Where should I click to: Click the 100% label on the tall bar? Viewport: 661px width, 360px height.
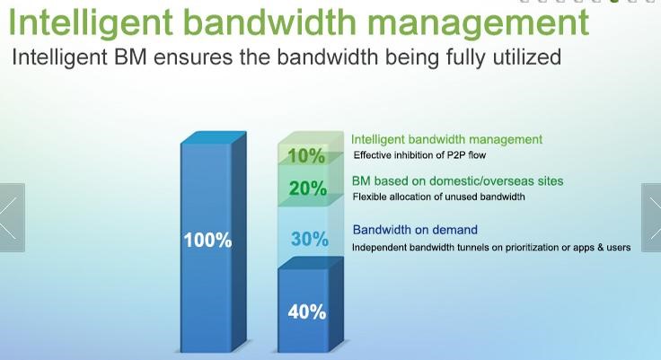pyautogui.click(x=207, y=241)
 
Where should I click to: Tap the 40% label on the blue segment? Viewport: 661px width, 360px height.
pyautogui.click(x=306, y=312)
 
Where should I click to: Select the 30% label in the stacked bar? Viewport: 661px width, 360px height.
pyautogui.click(x=309, y=240)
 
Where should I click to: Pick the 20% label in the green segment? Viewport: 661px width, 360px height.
pyautogui.click(x=307, y=189)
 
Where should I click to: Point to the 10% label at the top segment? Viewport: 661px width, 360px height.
pyautogui.click(x=306, y=156)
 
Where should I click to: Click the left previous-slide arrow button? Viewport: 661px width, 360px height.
pyautogui.click(x=10, y=218)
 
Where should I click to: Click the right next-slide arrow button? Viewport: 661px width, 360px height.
pyautogui.click(x=651, y=218)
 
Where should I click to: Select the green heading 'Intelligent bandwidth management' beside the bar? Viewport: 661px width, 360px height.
pyautogui.click(x=446, y=139)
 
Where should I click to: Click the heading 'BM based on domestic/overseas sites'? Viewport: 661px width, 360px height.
pyautogui.click(x=458, y=181)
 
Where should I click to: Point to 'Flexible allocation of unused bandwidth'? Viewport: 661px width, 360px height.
pyautogui.click(x=438, y=197)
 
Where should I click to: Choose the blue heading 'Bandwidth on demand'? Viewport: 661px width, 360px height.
pyautogui.click(x=415, y=230)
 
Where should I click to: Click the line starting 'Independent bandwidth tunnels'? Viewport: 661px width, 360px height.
pyautogui.click(x=490, y=248)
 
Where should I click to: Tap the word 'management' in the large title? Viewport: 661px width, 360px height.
pyautogui.click(x=481, y=21)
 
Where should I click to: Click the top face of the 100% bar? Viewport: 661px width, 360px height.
pyautogui.click(x=213, y=137)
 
